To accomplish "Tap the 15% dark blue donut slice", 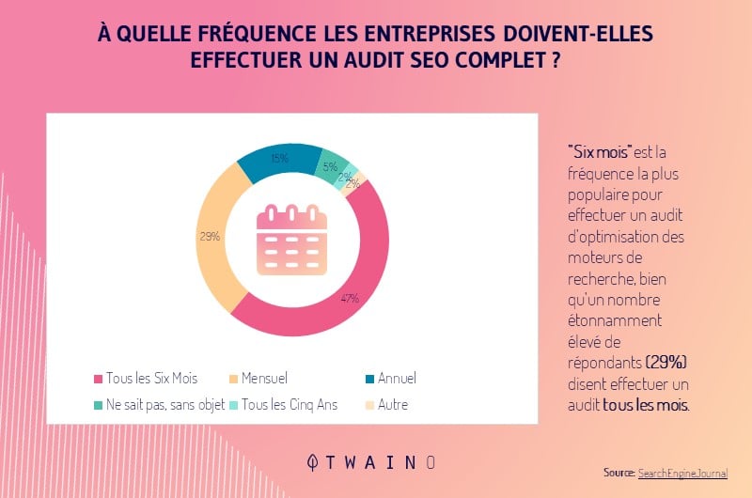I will coord(277,162).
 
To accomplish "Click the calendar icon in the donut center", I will coord(292,240).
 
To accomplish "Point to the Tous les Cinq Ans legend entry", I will coord(285,405).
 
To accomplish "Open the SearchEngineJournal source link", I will coord(682,474).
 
